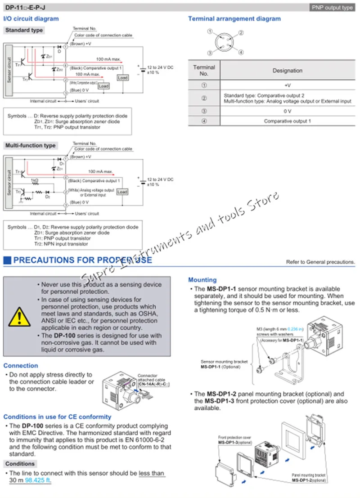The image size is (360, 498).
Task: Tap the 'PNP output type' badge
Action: pyautogui.click(x=332, y=8)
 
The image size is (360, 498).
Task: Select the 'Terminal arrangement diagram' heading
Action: pyautogui.click(x=234, y=19)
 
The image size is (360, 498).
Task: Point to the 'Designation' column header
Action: pyautogui.click(x=287, y=71)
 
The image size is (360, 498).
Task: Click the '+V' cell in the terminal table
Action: pyautogui.click(x=287, y=85)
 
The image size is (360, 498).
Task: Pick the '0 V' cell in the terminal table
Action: pyautogui.click(x=287, y=111)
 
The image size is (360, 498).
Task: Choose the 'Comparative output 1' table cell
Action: pyautogui.click(x=287, y=121)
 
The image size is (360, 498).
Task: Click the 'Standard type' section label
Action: pyautogui.click(x=24, y=30)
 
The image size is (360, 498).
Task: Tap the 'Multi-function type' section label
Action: pyautogui.click(x=30, y=145)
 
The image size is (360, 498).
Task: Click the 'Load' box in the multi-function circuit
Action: pyautogui.click(x=122, y=192)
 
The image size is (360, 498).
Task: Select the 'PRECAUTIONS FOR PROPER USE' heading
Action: pyautogui.click(x=82, y=260)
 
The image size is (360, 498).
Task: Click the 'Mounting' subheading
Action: pyautogui.click(x=202, y=280)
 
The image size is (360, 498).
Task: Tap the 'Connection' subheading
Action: pyautogui.click(x=21, y=366)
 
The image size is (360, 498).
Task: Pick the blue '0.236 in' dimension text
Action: pyautogui.click(x=295, y=329)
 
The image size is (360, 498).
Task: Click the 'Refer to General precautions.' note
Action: pyautogui.click(x=320, y=262)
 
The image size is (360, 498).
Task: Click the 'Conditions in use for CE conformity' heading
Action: pyautogui.click(x=57, y=417)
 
